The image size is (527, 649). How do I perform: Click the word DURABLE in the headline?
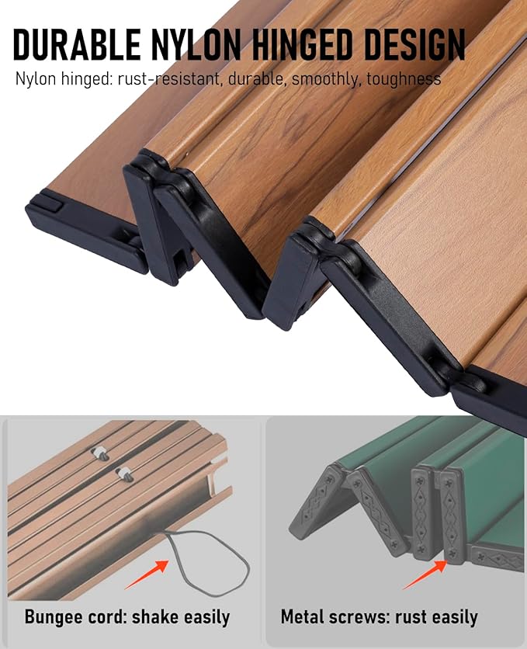[x=77, y=44]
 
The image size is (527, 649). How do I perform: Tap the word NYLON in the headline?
[x=196, y=44]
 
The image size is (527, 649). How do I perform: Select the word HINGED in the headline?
[x=303, y=44]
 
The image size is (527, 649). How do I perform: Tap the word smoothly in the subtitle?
[x=325, y=78]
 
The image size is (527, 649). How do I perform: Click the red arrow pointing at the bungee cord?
[x=147, y=574]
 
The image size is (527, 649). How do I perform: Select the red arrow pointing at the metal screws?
[x=425, y=574]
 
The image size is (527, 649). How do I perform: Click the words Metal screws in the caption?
[x=335, y=617]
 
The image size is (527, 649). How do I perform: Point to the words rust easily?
[x=436, y=617]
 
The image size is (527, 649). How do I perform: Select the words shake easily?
[x=181, y=617]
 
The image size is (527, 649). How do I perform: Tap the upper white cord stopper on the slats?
[x=100, y=453]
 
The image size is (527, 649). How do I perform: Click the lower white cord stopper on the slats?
[x=124, y=474]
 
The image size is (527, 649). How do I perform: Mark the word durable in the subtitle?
[x=255, y=78]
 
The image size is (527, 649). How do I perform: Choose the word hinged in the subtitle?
[x=85, y=78]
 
